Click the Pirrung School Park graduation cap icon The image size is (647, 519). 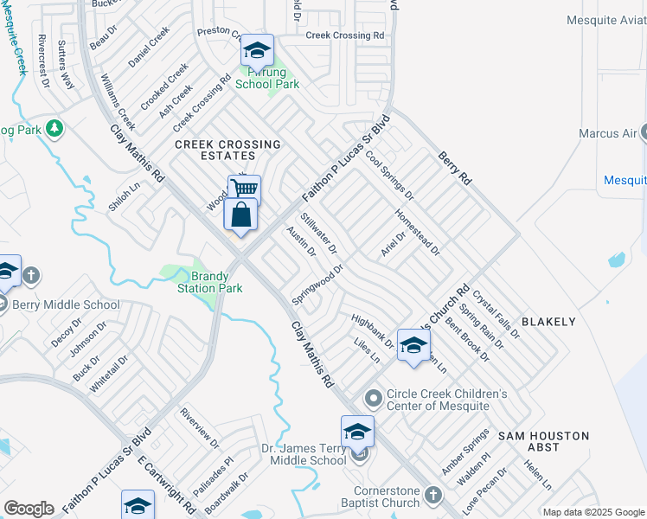pos(257,51)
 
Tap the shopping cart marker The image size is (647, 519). pos(245,189)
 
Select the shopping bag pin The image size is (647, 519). pos(241,215)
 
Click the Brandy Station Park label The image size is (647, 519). pos(209,281)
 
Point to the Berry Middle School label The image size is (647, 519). pos(66,304)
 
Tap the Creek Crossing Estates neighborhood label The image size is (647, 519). pos(216,150)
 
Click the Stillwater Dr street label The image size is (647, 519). pos(318,234)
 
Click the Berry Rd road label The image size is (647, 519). pos(455,168)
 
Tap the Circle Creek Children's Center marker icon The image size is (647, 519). pos(374,399)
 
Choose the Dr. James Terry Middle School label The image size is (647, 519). pos(304,455)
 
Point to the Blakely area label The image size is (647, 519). pos(549,322)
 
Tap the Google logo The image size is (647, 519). pos(29,509)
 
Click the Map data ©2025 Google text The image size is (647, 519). pos(593,511)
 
